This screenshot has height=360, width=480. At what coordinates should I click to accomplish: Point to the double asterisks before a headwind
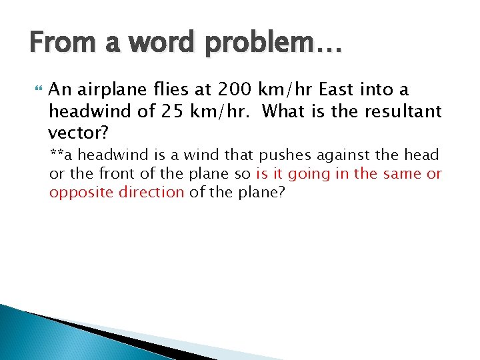[57, 154]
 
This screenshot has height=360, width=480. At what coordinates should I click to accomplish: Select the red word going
[309, 174]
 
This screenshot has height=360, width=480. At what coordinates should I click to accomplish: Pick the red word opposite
[75, 193]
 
